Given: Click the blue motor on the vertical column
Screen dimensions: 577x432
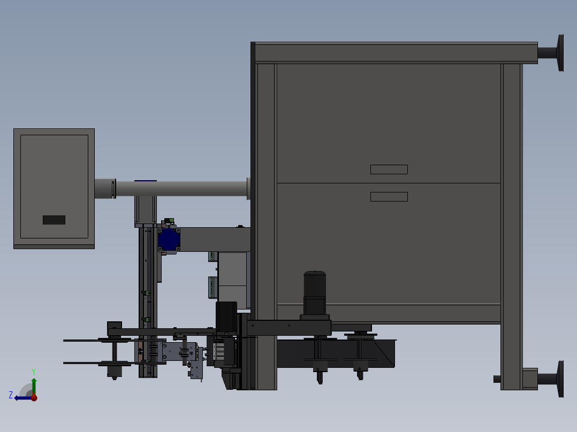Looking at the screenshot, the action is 169,240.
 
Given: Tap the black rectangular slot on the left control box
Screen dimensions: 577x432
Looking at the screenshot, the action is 54,220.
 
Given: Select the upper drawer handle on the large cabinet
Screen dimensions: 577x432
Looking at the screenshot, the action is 389,169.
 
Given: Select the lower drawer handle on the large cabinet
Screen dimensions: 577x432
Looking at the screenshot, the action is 389,197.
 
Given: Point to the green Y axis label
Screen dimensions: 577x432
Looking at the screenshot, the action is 34,372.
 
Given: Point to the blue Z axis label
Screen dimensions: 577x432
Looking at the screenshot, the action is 11,395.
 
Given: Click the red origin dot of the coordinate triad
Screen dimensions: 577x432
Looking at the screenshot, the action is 34,397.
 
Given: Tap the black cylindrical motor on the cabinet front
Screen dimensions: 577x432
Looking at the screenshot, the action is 315,294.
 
